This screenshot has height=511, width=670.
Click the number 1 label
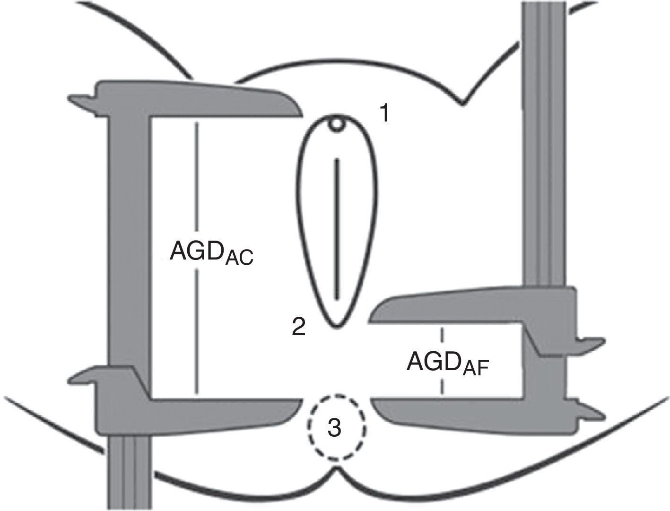click(x=384, y=114)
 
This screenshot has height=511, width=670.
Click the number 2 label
click(x=298, y=327)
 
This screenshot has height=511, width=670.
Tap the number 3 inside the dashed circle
click(x=334, y=428)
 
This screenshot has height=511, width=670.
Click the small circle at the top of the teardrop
click(x=336, y=124)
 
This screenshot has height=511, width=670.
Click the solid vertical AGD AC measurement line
click(x=196, y=255)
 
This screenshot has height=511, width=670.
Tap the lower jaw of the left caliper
click(x=213, y=411)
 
